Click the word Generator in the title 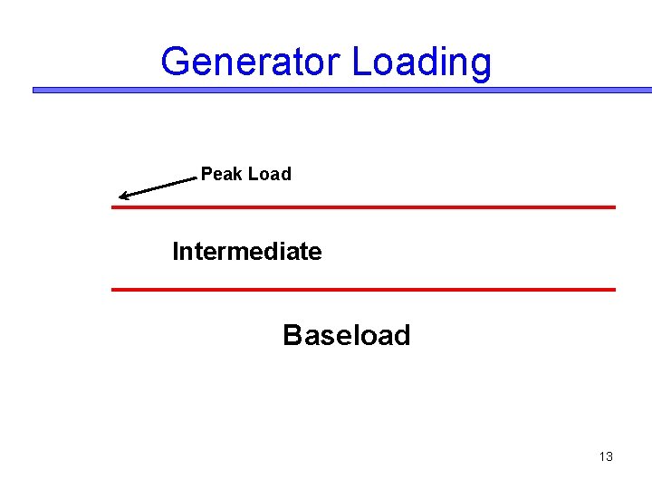point(251,62)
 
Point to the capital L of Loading point(360,62)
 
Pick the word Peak point(221,174)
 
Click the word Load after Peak point(269,174)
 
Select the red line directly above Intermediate point(362,207)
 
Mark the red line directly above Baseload point(362,290)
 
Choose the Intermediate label point(246,251)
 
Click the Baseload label point(346,336)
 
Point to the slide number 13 point(606,456)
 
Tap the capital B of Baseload point(292,336)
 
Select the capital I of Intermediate point(176,251)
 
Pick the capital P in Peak point(206,174)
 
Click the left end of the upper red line point(114,207)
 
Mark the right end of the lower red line point(613,290)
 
